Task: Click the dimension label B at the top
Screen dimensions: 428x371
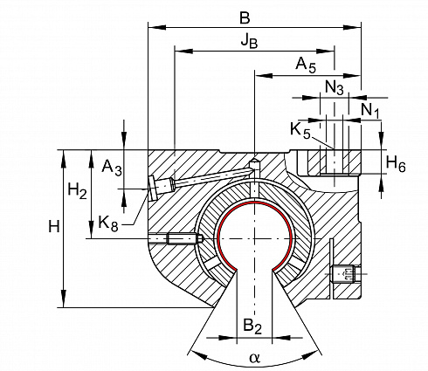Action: (x=245, y=17)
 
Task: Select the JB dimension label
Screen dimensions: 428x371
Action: (x=249, y=41)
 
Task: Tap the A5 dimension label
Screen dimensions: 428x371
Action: (x=306, y=65)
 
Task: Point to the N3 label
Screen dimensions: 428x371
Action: (x=335, y=87)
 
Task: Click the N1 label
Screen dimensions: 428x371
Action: (x=370, y=111)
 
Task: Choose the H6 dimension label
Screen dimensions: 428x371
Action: (x=396, y=164)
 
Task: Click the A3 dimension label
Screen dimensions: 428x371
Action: (x=112, y=168)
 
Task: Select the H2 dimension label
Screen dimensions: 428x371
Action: (x=77, y=191)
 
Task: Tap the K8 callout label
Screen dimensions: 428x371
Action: (x=108, y=223)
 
